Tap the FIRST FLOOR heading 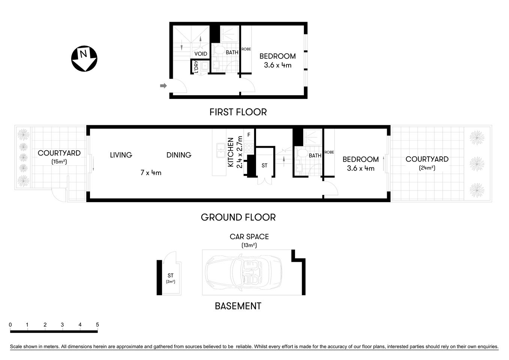[238, 112]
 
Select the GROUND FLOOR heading [238, 217]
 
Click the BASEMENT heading [238, 306]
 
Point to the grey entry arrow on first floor [163, 86]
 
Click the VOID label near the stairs [201, 54]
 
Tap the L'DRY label [196, 67]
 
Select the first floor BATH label [232, 52]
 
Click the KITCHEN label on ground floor [231, 152]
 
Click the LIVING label [121, 155]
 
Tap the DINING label [179, 155]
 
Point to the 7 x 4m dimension [151, 173]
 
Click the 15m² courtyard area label [59, 162]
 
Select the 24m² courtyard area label [427, 168]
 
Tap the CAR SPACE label [249, 237]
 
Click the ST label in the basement [171, 276]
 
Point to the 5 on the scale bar [97, 325]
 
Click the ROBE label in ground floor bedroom [329, 152]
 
